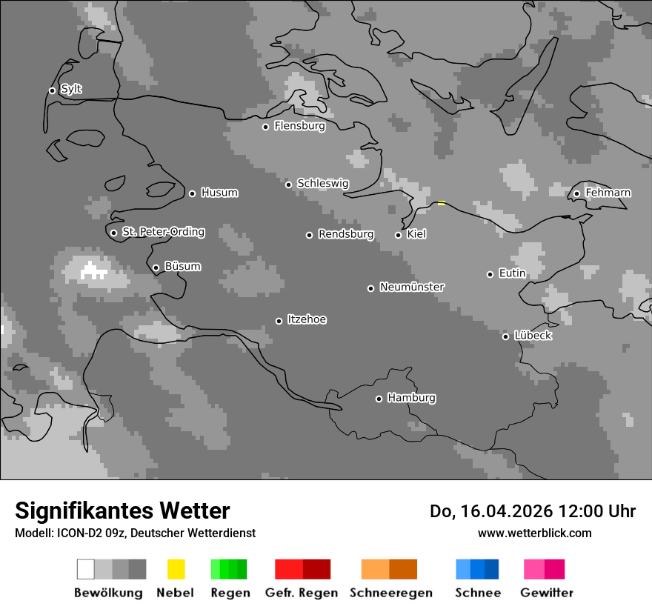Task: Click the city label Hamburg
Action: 411,398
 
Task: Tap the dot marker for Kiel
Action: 398,235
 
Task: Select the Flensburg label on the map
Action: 299,126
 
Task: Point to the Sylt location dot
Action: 52,91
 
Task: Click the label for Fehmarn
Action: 608,193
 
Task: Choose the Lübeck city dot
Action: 505,336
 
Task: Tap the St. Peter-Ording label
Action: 163,232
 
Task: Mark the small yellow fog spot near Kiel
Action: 442,203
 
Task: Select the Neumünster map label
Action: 412,287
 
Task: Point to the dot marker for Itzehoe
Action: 279,321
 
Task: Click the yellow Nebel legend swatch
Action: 176,569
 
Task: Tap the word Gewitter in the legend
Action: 547,593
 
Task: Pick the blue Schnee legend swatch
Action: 477,569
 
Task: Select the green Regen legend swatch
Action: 229,569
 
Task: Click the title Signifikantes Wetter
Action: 122,511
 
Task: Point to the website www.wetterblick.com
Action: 534,533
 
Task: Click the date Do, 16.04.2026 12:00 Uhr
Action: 533,511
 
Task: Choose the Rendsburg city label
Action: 346,234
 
